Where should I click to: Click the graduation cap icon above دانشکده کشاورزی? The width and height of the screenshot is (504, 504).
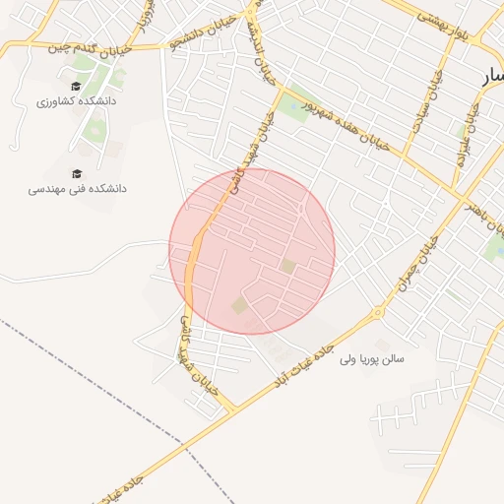tap(76, 86)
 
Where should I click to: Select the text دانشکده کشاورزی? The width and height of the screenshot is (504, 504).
tap(76, 101)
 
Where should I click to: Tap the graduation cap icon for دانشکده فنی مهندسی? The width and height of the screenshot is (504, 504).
tap(76, 170)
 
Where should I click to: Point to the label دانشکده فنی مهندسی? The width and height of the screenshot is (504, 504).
tap(78, 187)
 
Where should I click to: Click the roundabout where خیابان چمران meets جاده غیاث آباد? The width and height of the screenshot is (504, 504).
tap(377, 314)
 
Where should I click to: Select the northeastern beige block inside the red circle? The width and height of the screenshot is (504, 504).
tap(288, 266)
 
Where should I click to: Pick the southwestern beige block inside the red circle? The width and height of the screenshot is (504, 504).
tap(239, 306)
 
